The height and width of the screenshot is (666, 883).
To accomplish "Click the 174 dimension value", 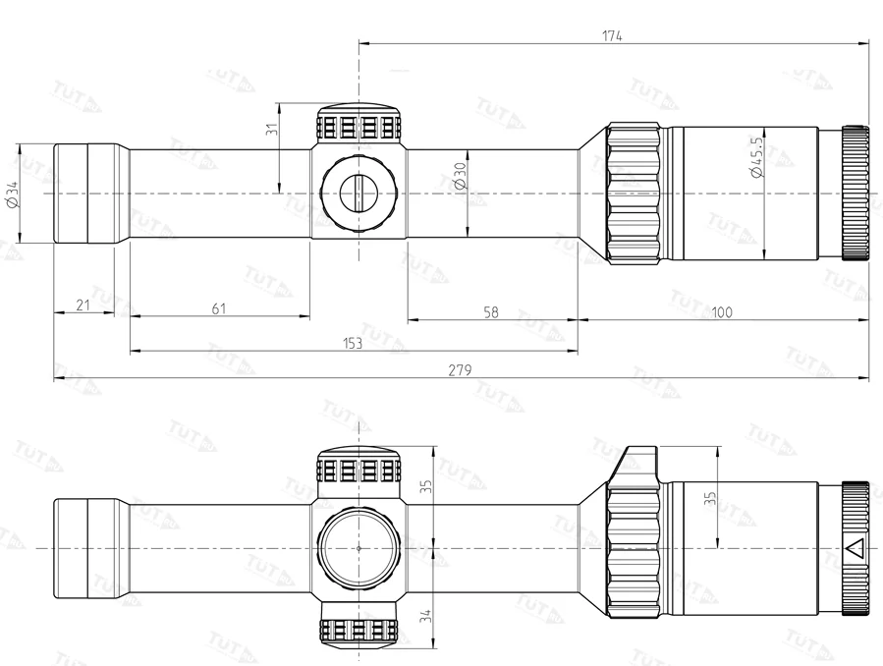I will coord(613,35).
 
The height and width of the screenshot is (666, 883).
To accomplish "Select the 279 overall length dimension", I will coord(461,370).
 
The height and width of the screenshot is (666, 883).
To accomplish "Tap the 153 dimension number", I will coord(353,343).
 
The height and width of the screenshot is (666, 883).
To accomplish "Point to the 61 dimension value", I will coord(218,309).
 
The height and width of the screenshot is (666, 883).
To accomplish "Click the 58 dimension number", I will coord(491,312).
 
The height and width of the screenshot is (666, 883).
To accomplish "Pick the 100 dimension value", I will coord(722,312).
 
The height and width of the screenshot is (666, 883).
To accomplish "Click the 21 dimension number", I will coord(83,305).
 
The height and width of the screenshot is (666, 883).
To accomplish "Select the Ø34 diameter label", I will coord(12,194).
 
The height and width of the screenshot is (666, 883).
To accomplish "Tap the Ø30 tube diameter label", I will coord(458,177).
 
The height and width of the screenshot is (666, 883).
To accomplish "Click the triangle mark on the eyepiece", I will coord(855,548).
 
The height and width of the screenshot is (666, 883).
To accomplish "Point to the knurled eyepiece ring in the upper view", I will coord(855,193).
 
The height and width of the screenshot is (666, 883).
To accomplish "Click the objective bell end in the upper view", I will coord(88,194).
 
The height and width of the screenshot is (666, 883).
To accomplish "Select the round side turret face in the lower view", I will coord(359,546).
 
